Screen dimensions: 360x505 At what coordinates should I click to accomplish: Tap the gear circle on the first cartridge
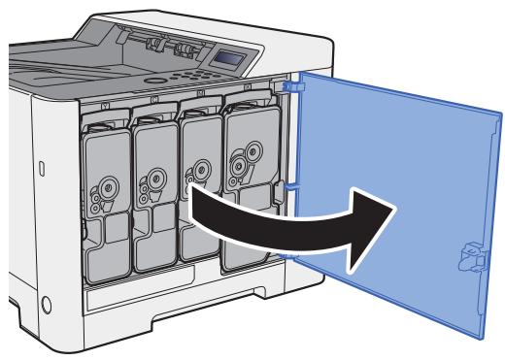click(x=104, y=184)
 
